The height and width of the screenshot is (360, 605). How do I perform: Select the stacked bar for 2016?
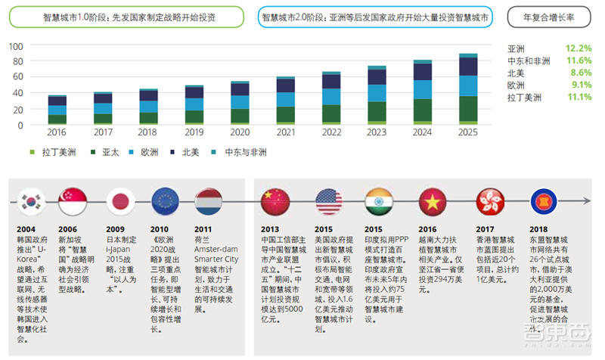(57, 110)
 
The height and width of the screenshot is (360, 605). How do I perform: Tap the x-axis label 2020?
(240, 132)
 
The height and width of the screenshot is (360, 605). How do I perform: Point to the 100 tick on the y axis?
(16, 47)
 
